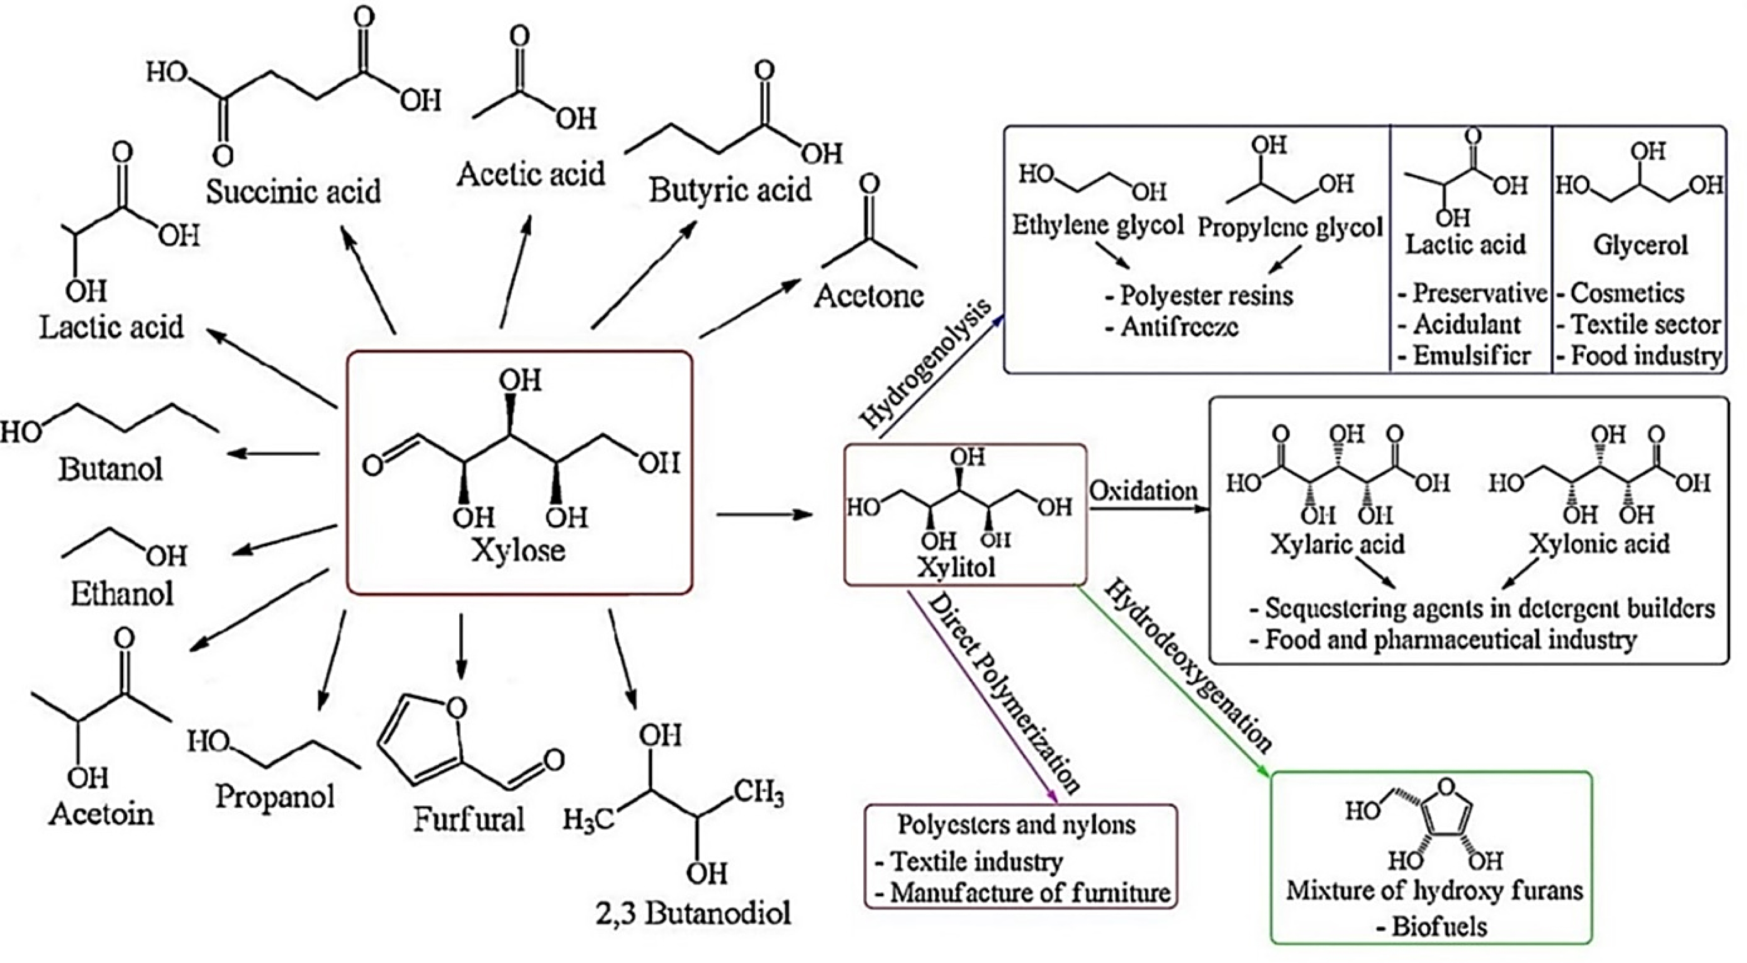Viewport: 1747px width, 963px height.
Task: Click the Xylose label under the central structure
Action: coord(519,549)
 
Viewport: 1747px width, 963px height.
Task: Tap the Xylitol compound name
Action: coord(956,567)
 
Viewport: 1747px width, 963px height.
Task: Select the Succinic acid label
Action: coord(293,191)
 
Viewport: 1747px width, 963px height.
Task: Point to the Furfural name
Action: coord(469,819)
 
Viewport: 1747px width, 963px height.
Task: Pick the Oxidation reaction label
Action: coord(1144,490)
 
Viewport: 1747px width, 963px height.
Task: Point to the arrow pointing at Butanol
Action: coord(273,453)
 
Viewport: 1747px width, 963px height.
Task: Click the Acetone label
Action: coord(869,296)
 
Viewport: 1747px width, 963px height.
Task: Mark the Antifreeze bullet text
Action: coord(1172,327)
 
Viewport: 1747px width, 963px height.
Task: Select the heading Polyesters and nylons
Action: coord(1017,824)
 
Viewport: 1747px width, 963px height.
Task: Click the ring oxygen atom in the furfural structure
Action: coord(456,707)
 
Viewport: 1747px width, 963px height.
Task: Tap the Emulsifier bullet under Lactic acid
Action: coord(1465,355)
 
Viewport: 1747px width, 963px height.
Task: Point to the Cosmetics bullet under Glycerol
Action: coord(1621,293)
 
